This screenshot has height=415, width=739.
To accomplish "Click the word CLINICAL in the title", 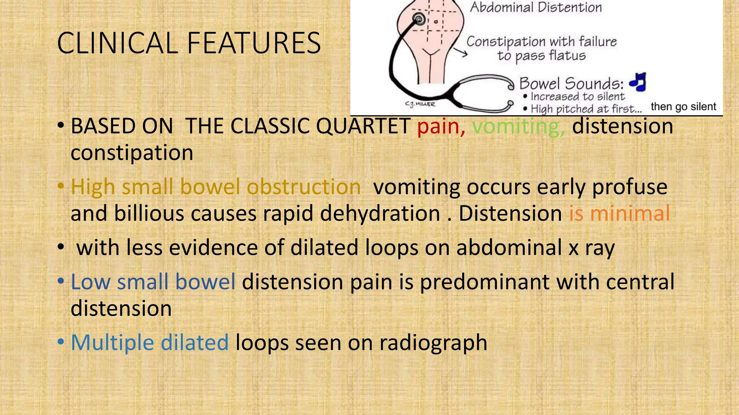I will pyautogui.click(x=117, y=43).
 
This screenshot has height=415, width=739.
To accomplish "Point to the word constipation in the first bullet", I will pyautogui.click(x=132, y=153).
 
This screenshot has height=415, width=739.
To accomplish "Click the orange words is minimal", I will pyautogui.click(x=619, y=213).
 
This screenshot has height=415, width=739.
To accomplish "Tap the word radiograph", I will pyautogui.click(x=433, y=343).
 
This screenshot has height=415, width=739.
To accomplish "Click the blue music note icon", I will pyautogui.click(x=638, y=82).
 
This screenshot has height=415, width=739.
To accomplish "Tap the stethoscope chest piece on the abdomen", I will pyautogui.click(x=419, y=18).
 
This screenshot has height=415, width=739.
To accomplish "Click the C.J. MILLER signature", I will pyautogui.click(x=420, y=104).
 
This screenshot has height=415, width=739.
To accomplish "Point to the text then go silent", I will pyautogui.click(x=683, y=107).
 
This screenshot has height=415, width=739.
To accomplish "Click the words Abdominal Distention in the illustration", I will pyautogui.click(x=536, y=7).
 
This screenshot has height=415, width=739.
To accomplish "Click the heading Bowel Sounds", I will pyautogui.click(x=571, y=84).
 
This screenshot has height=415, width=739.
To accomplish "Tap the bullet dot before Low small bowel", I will pyautogui.click(x=61, y=281).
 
